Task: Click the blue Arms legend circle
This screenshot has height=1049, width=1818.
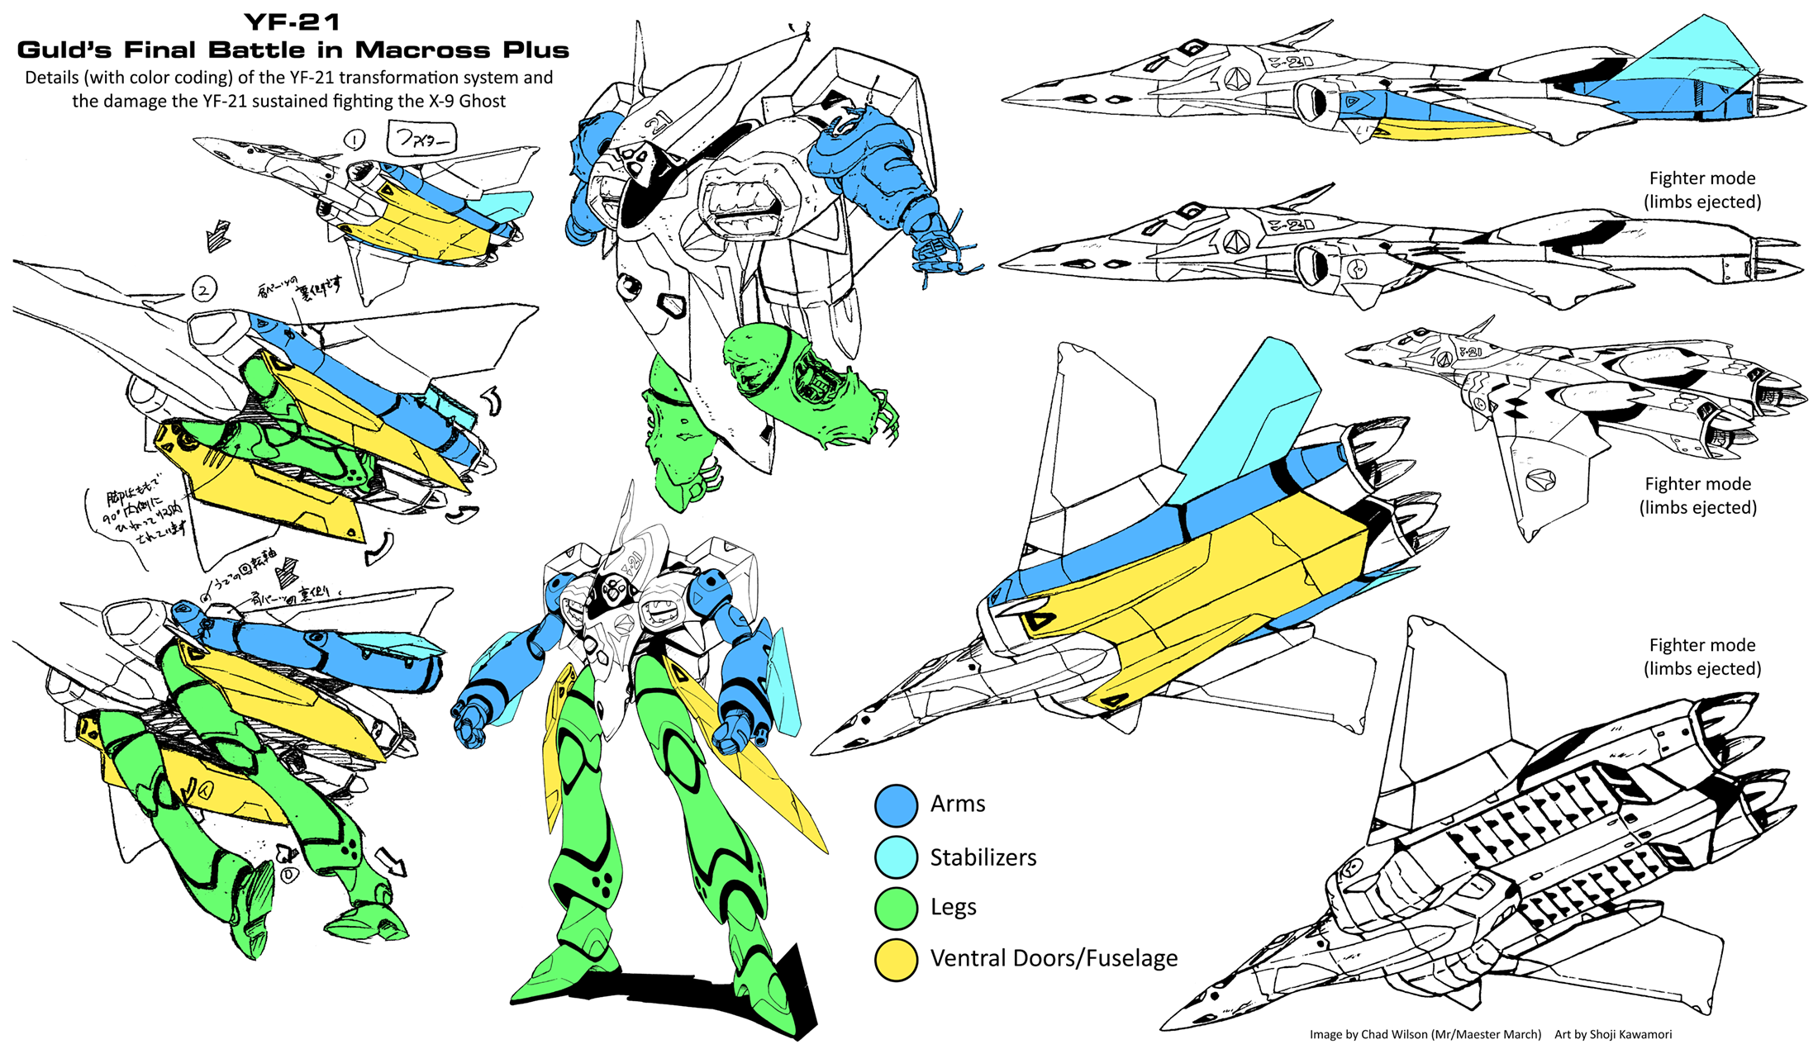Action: [x=896, y=805]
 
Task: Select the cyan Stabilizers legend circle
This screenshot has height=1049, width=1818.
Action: [x=896, y=857]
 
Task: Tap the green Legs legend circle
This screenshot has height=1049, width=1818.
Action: [x=896, y=908]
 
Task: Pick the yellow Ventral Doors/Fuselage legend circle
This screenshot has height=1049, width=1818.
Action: [x=896, y=959]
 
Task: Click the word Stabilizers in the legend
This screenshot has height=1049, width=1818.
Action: [x=983, y=857]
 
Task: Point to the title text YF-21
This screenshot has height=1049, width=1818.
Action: [x=293, y=22]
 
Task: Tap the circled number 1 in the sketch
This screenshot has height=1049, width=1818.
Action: [x=355, y=140]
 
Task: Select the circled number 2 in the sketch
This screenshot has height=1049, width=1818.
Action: [x=204, y=289]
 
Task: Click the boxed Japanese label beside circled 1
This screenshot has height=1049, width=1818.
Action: [x=421, y=139]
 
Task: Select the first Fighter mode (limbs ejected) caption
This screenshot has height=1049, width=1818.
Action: [x=1702, y=190]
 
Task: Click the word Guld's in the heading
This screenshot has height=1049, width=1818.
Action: [x=64, y=50]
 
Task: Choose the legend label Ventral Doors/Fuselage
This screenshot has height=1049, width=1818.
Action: [x=1054, y=958]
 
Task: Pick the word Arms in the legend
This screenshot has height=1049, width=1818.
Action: [x=957, y=804]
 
